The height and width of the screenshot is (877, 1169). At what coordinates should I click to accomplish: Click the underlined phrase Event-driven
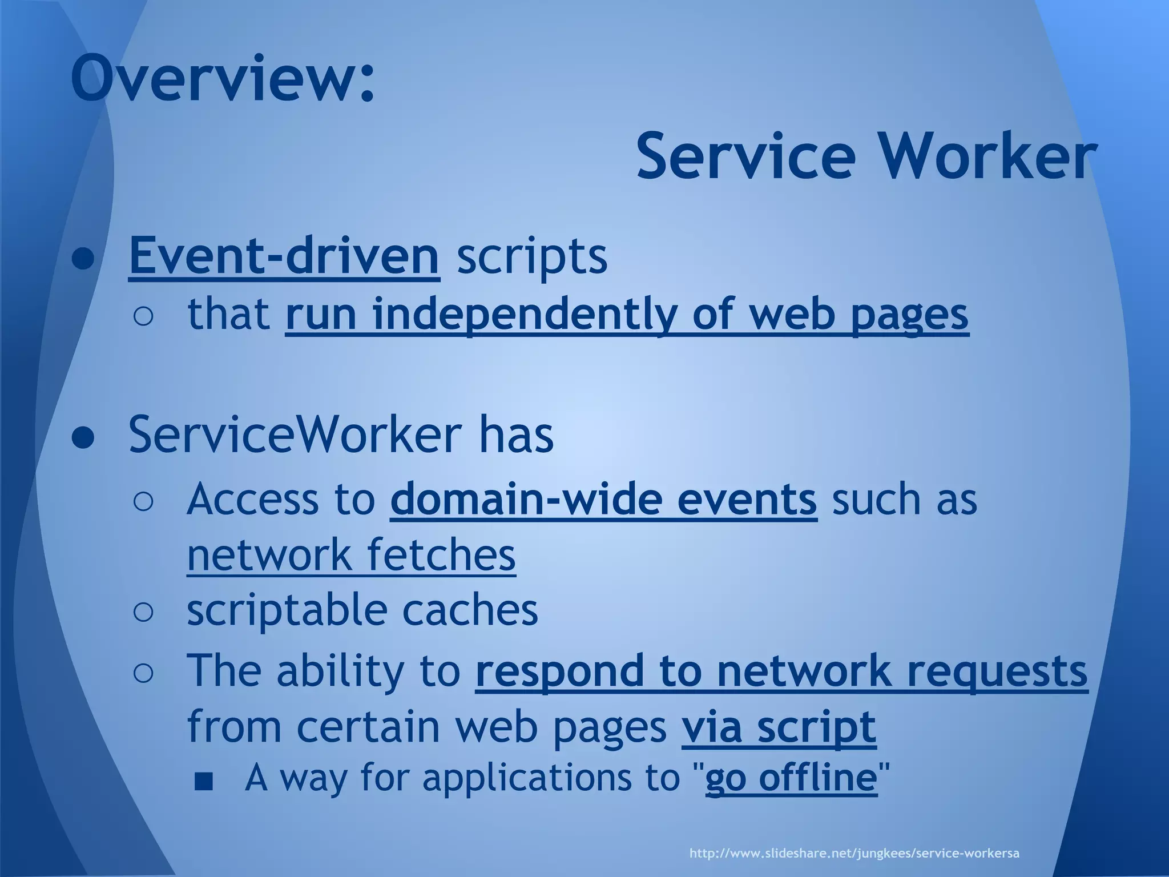pyautogui.click(x=284, y=256)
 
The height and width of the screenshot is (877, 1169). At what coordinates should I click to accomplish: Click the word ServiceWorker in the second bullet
pyautogui.click(x=295, y=435)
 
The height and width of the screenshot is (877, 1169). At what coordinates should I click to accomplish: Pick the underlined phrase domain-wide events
pyautogui.click(x=603, y=499)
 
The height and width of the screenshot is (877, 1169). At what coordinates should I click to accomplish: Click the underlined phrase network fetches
pyautogui.click(x=351, y=554)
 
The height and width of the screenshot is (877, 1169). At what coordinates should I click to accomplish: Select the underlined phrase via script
pyautogui.click(x=779, y=727)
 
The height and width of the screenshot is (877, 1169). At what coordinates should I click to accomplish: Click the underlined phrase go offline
pyautogui.click(x=791, y=777)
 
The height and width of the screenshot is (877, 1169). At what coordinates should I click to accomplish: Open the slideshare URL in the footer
pyautogui.click(x=854, y=854)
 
